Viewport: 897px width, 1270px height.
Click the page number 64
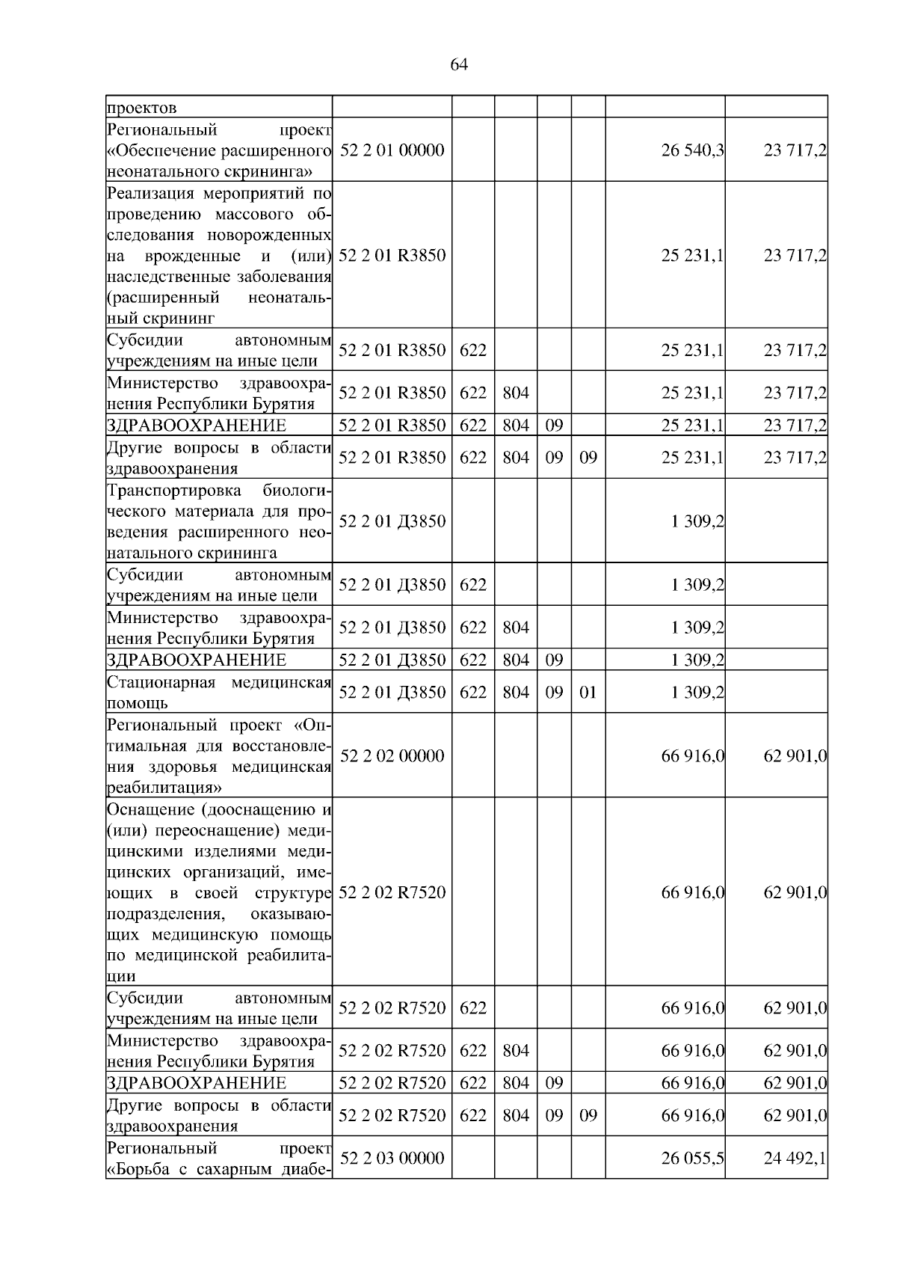point(459,65)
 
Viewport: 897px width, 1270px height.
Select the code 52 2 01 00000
point(392,150)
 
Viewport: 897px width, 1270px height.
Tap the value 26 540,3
point(692,150)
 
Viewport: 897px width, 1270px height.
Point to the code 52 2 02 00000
point(392,756)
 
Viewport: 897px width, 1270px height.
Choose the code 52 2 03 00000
point(392,1159)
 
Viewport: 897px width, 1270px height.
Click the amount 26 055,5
point(692,1159)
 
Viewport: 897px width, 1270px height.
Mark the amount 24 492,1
point(795,1159)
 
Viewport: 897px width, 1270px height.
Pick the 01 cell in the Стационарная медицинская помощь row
point(588,692)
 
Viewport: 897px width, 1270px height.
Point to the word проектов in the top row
point(142,108)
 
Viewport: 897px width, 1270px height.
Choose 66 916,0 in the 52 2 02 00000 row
point(692,756)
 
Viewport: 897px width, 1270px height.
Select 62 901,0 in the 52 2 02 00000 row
point(795,756)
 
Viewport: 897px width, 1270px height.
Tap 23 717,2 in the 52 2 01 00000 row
point(795,150)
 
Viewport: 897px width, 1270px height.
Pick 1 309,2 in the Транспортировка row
point(698,521)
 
